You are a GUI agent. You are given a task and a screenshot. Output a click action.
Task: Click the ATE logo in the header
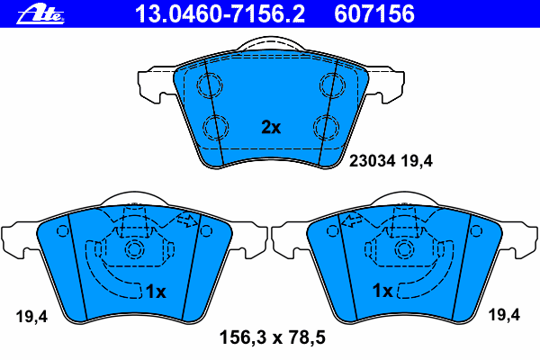[x=40, y=15]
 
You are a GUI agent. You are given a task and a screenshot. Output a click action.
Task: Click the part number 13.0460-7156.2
[x=220, y=14]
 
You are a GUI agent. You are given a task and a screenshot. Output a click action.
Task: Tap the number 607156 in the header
[x=374, y=14]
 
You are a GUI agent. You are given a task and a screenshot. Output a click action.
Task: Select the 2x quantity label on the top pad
[x=271, y=127]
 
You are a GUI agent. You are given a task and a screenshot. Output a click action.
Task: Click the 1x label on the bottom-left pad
[x=156, y=292]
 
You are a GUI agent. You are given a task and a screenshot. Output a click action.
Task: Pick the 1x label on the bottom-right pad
[x=382, y=291]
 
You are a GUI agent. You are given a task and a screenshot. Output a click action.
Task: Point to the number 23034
[x=373, y=161]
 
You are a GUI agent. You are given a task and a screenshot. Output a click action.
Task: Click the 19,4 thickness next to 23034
[x=417, y=161]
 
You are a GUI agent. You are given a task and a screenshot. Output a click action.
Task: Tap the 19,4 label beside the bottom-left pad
[x=31, y=317]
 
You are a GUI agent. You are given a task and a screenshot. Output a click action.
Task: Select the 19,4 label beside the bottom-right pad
[x=505, y=315]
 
